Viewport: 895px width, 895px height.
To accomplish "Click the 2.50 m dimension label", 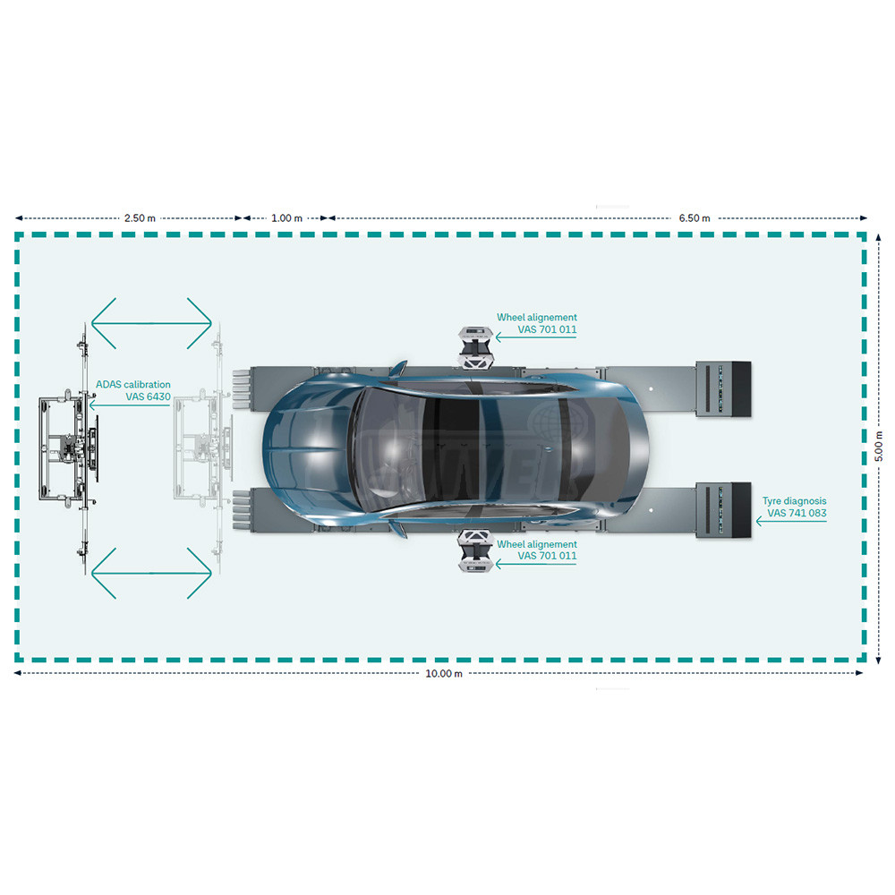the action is [x=140, y=218].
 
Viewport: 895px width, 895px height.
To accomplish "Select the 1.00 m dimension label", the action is [x=286, y=218].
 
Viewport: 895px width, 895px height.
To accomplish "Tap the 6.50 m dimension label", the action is [x=695, y=218].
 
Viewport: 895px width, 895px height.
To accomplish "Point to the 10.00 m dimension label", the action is [x=444, y=674].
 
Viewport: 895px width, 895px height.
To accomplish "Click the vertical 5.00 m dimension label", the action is [x=879, y=447].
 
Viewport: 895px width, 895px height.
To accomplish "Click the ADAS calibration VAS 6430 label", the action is [x=133, y=390].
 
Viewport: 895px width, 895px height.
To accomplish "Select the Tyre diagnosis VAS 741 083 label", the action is [x=795, y=507].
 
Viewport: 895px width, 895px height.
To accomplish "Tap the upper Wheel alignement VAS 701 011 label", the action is [x=536, y=323].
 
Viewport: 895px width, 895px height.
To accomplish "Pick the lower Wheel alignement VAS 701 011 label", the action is [x=536, y=550].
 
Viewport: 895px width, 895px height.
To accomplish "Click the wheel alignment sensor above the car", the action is [x=476, y=345].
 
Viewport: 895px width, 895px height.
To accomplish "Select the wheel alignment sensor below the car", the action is [x=476, y=550].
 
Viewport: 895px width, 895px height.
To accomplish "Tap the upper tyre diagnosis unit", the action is [x=723, y=388].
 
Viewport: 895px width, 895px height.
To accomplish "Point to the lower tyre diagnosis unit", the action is [x=723, y=510].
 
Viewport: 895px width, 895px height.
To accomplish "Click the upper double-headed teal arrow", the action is [x=151, y=323].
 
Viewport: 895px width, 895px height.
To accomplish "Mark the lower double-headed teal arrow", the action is [x=151, y=573].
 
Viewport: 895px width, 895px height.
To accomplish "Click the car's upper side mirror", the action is [x=398, y=368].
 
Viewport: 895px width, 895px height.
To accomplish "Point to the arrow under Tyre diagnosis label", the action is [x=791, y=521].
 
